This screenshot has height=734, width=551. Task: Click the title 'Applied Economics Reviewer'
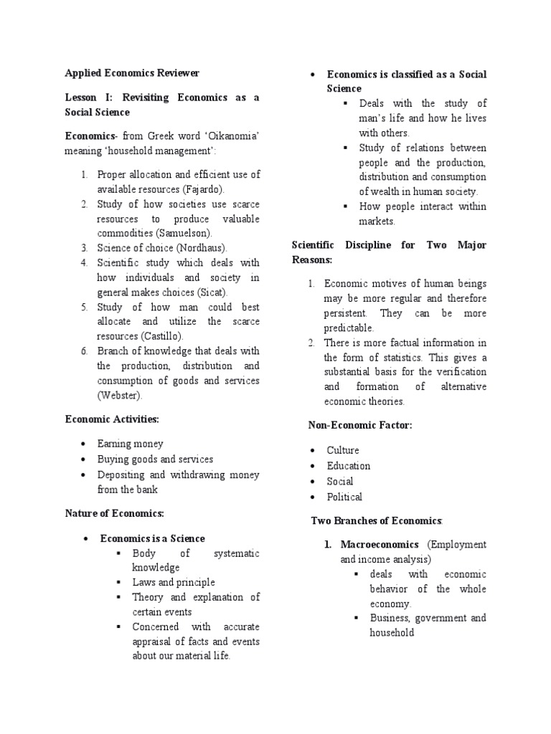pos(132,73)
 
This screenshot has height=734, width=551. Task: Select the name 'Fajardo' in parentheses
pos(204,189)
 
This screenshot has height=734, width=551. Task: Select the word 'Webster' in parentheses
pos(120,395)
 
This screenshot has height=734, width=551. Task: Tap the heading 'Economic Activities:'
pos(112,419)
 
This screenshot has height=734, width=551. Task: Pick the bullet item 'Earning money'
pos(130,444)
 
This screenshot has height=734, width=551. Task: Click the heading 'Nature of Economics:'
pos(115,513)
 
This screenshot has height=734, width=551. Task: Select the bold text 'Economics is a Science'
pos(152,538)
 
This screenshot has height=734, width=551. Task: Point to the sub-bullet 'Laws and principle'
pos(174,582)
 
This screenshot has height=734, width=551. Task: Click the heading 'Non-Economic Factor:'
pos(360,425)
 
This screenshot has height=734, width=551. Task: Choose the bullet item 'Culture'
pos(342,450)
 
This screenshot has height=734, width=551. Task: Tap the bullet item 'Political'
pos(344,497)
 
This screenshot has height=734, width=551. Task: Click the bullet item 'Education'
pos(348,466)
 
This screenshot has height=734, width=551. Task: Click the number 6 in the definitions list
pos(84,351)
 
